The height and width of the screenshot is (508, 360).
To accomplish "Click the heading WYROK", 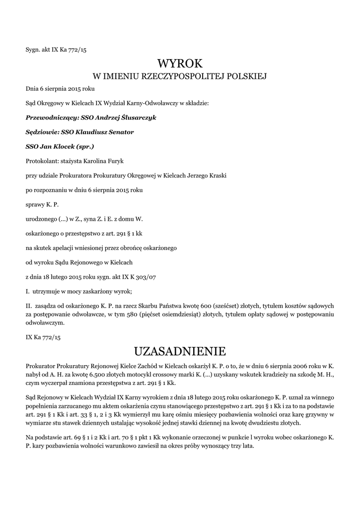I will [180, 63].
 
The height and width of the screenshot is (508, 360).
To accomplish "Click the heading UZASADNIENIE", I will [180, 352].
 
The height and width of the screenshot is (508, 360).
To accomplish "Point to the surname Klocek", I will [71, 147].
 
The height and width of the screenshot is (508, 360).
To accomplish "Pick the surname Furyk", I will [115, 161].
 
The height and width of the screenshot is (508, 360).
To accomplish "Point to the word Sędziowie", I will [41, 132].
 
